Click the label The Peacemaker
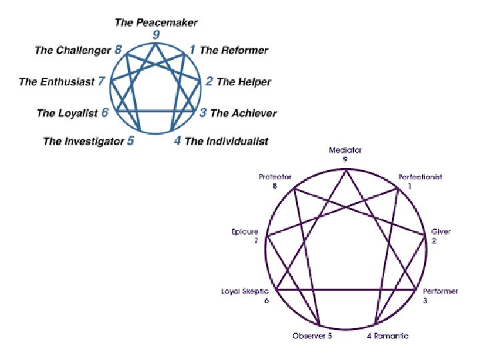click(x=156, y=23)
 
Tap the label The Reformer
click(x=234, y=50)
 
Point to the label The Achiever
click(x=243, y=113)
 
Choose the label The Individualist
click(x=227, y=141)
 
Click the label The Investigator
click(x=83, y=141)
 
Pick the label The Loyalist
click(x=67, y=113)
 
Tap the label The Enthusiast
click(x=57, y=82)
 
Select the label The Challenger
click(x=73, y=50)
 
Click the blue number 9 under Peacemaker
click(x=156, y=35)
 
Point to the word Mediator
click(x=345, y=151)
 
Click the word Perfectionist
click(x=420, y=177)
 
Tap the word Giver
click(x=441, y=231)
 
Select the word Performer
click(x=440, y=292)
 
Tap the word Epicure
click(x=245, y=231)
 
